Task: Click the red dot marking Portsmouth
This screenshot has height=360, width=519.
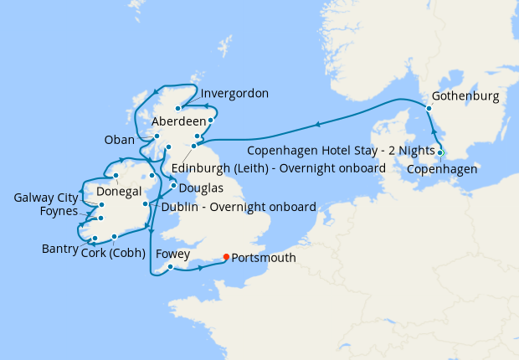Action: coord(227,257)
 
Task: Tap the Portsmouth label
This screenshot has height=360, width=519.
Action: coord(265,258)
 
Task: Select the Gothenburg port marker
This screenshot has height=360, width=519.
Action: coord(429,108)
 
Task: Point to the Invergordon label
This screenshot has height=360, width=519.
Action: coord(234,94)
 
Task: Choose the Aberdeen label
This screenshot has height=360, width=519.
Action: coord(179,121)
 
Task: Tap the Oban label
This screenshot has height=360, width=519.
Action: coord(118,139)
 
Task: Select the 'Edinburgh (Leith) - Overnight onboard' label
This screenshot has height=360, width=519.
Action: coord(278,168)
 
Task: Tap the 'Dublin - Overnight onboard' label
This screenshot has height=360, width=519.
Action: coord(239,207)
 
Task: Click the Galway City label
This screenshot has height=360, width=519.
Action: coord(45,198)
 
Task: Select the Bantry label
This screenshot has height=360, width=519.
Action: coord(59,249)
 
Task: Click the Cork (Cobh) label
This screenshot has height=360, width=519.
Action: coord(114,253)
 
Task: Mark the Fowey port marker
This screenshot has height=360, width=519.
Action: coord(170,268)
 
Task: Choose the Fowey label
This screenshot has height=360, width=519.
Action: coord(171,254)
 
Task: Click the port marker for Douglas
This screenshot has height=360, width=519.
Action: coord(173,185)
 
